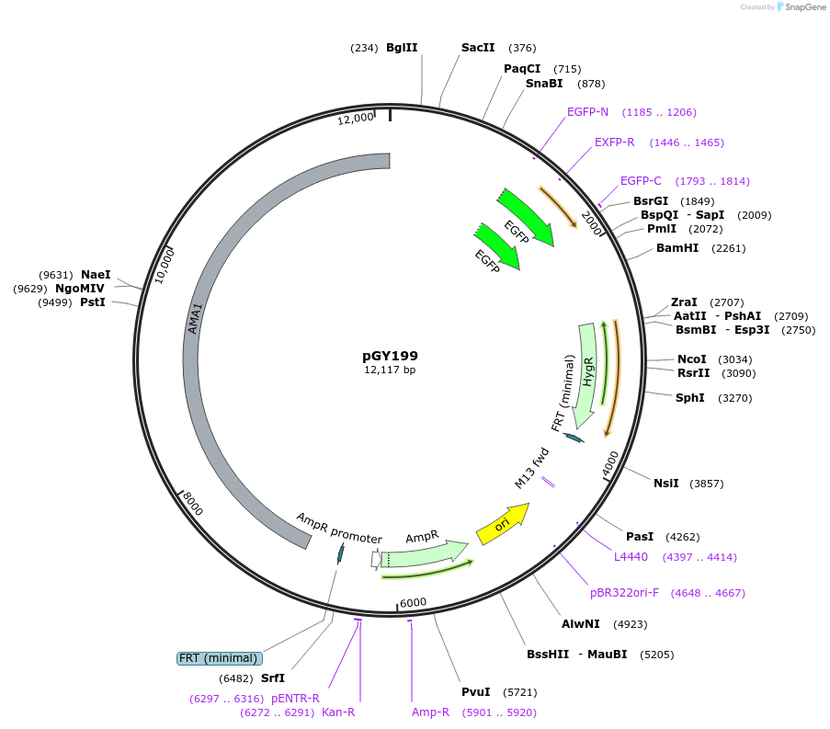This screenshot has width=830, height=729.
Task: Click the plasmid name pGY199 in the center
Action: click(x=390, y=355)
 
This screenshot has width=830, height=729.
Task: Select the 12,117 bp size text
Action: click(x=390, y=370)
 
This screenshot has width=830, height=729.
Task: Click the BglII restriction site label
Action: click(x=402, y=48)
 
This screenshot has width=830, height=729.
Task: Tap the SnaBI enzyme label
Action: click(x=544, y=84)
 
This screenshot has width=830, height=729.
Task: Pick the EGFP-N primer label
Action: click(x=587, y=112)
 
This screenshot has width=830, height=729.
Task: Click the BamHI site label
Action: click(x=677, y=248)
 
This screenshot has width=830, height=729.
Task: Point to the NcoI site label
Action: click(x=692, y=359)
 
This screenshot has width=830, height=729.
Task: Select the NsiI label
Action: click(x=666, y=483)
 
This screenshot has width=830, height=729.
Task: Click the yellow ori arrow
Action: click(x=503, y=524)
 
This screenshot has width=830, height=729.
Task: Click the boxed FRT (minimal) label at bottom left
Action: click(x=220, y=658)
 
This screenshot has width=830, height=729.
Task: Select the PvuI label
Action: click(x=476, y=692)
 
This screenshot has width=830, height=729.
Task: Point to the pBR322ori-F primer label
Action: click(x=624, y=593)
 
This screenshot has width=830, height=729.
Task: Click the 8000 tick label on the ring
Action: click(x=191, y=505)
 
